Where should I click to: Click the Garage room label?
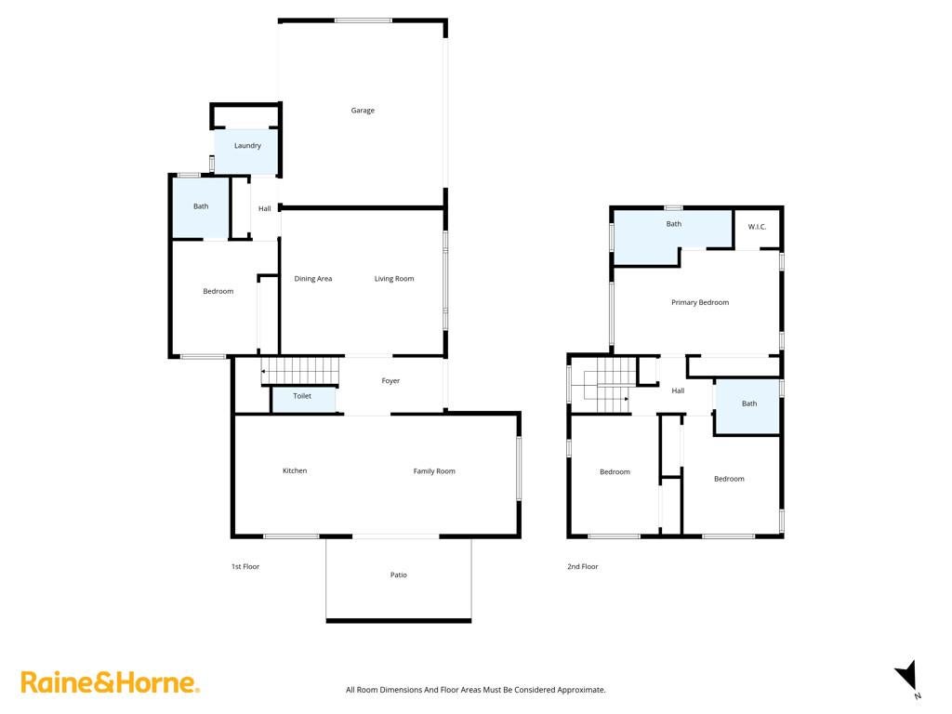point(363,111)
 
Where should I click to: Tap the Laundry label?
point(247,146)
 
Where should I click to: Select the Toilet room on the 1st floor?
point(302,400)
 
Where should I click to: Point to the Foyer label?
point(390,381)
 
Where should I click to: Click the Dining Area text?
point(312,279)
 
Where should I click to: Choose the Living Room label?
point(394,279)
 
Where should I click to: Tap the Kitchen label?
point(295,470)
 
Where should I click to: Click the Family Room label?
point(434,471)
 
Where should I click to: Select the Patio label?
point(398,575)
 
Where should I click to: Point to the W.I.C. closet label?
point(757,227)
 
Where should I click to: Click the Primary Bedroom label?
point(700,302)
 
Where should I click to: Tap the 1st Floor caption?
point(245,566)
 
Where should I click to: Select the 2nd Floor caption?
point(582,566)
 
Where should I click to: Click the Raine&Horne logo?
point(110,682)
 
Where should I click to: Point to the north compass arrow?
point(907,675)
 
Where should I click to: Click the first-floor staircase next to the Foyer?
point(300,370)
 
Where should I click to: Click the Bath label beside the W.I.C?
point(673,224)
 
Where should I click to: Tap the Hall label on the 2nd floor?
point(678,391)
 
